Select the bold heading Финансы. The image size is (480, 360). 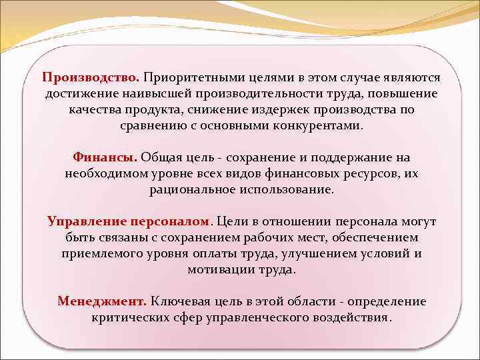coord(105,157)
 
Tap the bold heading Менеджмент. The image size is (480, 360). coord(102,301)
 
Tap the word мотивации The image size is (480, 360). coord(218,269)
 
